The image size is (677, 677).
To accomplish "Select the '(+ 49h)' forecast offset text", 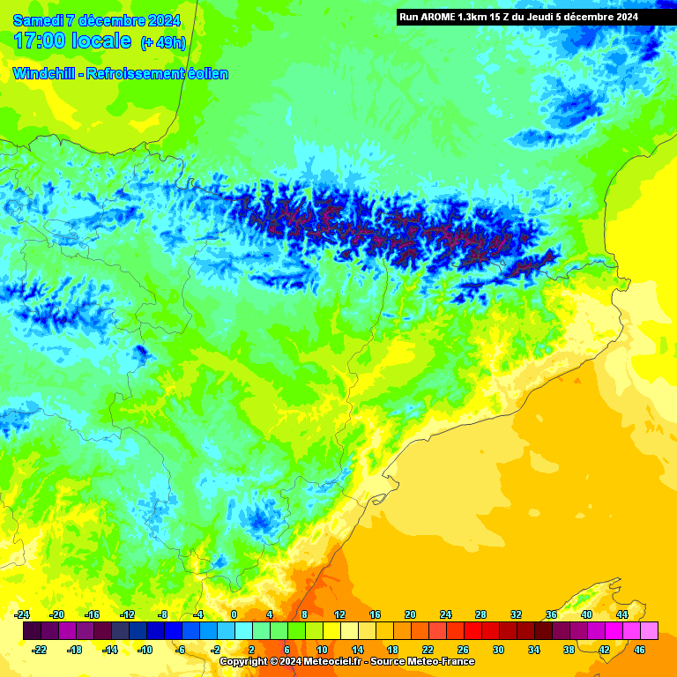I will coord(163,43).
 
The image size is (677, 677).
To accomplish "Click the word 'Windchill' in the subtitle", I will coord(43,74).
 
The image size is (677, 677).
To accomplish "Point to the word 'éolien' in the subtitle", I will coord(205,74).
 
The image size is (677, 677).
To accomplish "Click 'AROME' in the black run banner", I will coord(439,17).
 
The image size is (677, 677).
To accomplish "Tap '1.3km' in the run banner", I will coord(475,17).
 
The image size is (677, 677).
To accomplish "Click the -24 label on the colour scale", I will coord(23,614).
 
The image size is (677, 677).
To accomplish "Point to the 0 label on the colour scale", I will coord(234,614).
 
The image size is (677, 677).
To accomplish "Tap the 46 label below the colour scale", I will coord(640,650).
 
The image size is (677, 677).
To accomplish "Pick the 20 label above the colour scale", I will coord(411,614).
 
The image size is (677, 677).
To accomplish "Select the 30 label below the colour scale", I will coord(499,650).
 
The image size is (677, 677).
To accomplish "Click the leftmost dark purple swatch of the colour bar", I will coord(32,631).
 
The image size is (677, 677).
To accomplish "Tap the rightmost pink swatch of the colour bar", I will coord(650,631).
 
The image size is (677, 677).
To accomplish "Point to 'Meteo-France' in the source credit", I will coord(443,661).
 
